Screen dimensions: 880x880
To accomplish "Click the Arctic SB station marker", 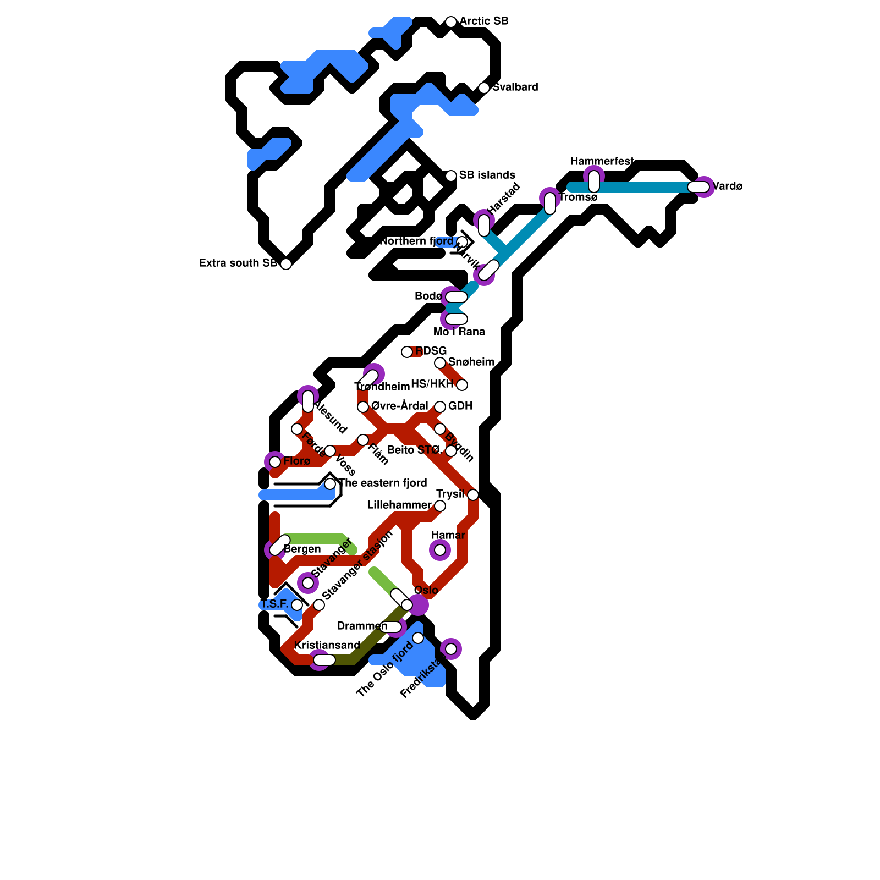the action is click(x=451, y=22).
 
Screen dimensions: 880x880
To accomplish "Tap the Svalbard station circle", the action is click(x=484, y=88).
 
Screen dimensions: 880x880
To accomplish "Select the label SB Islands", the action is click(x=487, y=175).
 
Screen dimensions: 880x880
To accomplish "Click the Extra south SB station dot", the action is click(x=286, y=264).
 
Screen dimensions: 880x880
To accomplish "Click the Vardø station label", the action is click(x=728, y=186).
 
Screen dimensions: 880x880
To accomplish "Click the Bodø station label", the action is click(x=428, y=296).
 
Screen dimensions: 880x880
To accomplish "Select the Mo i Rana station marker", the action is click(x=456, y=319).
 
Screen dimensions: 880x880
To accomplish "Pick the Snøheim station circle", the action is click(x=440, y=363).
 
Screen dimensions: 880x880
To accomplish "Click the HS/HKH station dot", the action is click(x=462, y=385).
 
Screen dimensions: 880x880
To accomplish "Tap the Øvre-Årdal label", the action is click(x=399, y=406).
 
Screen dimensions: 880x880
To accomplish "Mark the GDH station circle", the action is click(x=440, y=407).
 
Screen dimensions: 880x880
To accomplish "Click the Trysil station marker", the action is click(x=473, y=495).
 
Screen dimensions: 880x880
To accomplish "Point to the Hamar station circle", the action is click(x=440, y=550).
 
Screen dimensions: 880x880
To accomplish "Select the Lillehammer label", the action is click(x=399, y=505).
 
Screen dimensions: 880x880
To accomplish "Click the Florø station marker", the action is click(x=275, y=462).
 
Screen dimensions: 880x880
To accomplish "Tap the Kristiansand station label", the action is click(x=327, y=646).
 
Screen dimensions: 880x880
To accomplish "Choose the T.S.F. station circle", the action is click(x=297, y=605).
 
